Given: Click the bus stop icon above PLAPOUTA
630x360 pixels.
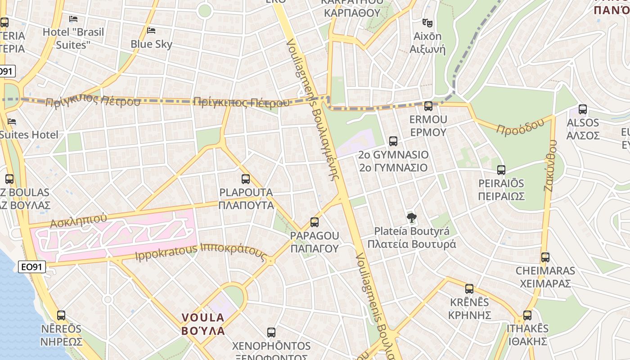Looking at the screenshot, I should tap(246, 179).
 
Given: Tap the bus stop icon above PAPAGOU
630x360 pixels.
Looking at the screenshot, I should tap(315, 222).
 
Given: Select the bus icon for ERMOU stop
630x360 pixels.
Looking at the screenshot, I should tap(428, 107).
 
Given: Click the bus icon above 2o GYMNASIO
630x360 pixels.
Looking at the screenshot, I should tap(393, 141).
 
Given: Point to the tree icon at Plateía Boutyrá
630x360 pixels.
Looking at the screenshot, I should tap(411, 218).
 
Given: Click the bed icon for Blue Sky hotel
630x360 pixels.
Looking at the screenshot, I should tap(152, 31).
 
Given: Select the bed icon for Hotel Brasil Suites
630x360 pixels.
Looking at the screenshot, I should tap(73, 19).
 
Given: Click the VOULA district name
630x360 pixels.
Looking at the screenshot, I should tap(203, 317).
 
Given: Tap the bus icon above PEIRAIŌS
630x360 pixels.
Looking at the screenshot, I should tap(501, 170).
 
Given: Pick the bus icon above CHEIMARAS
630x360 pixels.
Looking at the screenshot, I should tap(545, 257).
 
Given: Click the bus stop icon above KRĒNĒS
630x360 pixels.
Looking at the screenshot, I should tap(469, 289).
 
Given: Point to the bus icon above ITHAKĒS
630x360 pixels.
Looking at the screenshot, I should tap(527, 315).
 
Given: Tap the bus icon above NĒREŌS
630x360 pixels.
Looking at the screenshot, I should tap(61, 315).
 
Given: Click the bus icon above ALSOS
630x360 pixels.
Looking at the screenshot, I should tap(583, 109).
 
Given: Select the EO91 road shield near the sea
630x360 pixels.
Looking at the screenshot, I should tap(32, 267).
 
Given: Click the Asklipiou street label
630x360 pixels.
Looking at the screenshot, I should tap(79, 220).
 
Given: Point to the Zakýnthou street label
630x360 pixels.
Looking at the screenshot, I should tap(550, 165).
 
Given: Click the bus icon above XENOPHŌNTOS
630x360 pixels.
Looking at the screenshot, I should tap(271, 333).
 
